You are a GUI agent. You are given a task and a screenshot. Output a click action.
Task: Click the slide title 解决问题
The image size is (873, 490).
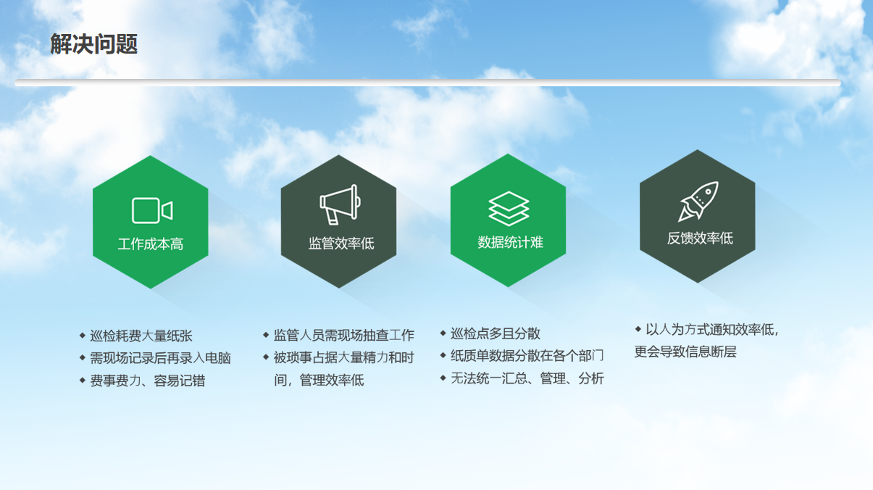(x=94, y=43)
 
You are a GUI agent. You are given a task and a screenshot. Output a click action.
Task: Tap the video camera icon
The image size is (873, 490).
(x=152, y=210)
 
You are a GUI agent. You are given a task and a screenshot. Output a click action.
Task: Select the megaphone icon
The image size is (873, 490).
(x=340, y=204)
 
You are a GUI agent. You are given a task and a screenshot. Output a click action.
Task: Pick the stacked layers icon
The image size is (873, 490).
(x=509, y=209)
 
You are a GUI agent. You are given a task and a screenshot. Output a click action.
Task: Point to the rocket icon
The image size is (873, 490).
(x=698, y=201)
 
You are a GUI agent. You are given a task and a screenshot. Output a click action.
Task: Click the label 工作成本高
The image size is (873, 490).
(x=151, y=244)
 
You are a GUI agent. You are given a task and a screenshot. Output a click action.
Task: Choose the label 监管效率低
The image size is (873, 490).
(x=341, y=244)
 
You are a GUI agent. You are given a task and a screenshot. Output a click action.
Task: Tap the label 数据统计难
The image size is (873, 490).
(x=511, y=242)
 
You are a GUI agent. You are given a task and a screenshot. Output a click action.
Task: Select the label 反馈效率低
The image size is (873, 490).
(x=700, y=238)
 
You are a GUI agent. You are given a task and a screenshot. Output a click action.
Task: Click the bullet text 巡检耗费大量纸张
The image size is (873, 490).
(x=141, y=336)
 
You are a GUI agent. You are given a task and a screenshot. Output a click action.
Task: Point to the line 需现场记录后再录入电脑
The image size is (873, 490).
(x=160, y=358)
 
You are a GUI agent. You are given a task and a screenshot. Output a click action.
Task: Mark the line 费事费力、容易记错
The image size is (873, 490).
(x=147, y=381)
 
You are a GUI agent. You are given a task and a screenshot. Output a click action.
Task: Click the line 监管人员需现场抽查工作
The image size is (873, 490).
(x=343, y=335)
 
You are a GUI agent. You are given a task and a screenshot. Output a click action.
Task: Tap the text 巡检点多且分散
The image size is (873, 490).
(x=496, y=333)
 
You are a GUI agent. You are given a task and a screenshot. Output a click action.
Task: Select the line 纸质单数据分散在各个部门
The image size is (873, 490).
(x=527, y=355)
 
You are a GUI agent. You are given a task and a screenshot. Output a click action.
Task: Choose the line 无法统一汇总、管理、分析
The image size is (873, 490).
(x=527, y=378)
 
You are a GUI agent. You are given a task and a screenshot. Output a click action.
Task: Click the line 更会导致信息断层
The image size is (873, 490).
(x=685, y=352)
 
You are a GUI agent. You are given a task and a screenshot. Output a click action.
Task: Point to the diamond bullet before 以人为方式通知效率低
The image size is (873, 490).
(x=638, y=329)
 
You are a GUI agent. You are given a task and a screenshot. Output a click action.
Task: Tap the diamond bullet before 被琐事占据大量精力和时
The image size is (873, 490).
(x=266, y=357)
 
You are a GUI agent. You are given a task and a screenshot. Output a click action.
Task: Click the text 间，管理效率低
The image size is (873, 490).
(x=319, y=380)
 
